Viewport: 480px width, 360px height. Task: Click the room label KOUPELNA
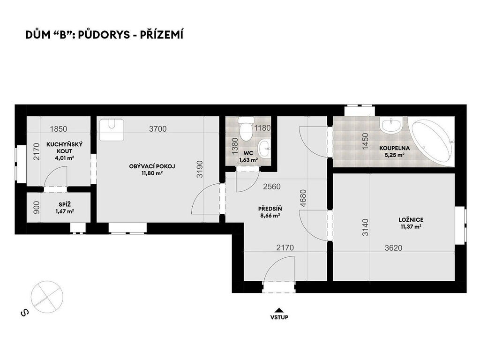point(394,148)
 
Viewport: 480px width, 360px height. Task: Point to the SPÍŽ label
point(65,204)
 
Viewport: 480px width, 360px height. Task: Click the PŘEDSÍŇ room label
point(270,209)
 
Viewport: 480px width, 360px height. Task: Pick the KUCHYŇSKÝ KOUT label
point(64,148)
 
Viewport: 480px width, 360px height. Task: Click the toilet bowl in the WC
point(246,129)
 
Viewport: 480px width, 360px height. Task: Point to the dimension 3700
point(158,129)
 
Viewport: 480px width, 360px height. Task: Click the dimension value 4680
point(303,198)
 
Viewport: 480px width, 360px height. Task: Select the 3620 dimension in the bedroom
point(393,247)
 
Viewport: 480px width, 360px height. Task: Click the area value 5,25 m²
point(395,155)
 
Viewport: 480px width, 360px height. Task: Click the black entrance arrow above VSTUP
point(278,309)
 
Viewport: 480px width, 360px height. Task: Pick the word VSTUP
point(279,317)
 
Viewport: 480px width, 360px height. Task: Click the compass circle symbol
point(47,297)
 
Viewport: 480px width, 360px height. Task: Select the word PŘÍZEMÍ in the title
point(162,35)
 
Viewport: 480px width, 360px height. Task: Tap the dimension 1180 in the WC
point(262,128)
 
